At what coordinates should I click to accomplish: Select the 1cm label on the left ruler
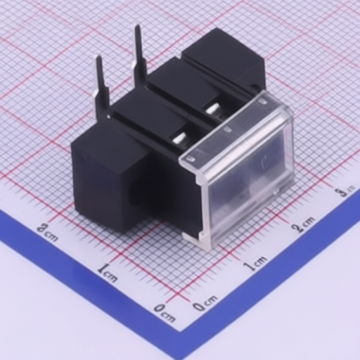pos(108,273)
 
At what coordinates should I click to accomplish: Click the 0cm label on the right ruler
pos(205,304)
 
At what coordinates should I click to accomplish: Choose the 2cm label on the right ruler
pos(304,224)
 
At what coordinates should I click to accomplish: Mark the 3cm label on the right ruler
pos(345,189)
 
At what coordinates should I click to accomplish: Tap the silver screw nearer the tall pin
pos(212,109)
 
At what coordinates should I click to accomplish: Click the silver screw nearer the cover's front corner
pos(180,139)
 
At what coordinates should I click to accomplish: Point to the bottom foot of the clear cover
pos(198,240)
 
